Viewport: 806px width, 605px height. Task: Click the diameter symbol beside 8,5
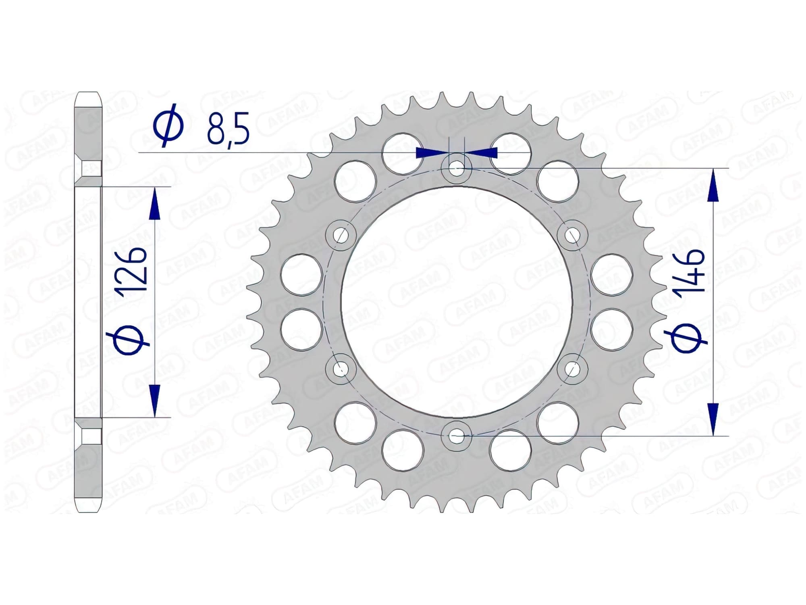pyautogui.click(x=168, y=125)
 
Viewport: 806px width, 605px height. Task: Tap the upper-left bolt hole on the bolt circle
pyautogui.click(x=341, y=235)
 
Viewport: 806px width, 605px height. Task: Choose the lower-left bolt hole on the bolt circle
pyautogui.click(x=341, y=368)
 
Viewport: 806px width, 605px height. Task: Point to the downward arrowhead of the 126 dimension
pyautogui.click(x=154, y=400)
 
